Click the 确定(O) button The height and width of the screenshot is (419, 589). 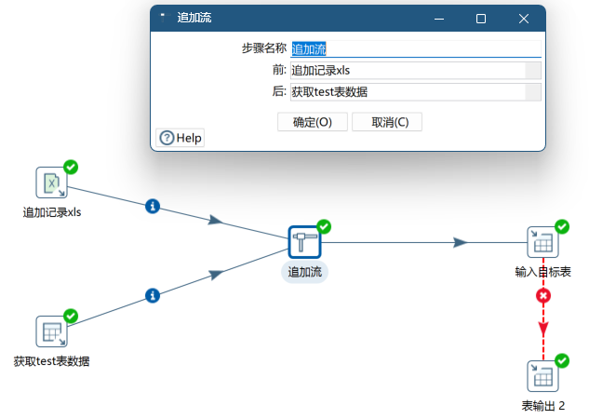312,122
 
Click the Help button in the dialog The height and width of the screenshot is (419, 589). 180,138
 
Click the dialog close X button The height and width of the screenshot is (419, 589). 524,19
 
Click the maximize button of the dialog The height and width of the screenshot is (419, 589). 481,19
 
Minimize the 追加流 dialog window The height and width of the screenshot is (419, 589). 438,19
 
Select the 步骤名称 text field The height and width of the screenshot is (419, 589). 414,49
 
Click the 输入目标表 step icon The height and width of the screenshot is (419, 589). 542,242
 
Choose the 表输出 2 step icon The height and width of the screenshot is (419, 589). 542,376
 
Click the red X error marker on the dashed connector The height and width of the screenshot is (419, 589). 543,296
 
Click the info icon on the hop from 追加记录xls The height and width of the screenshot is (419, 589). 154,206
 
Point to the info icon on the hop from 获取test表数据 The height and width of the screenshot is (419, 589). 154,296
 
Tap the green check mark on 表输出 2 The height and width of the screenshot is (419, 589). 561,360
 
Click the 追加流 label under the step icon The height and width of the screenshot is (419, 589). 304,272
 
